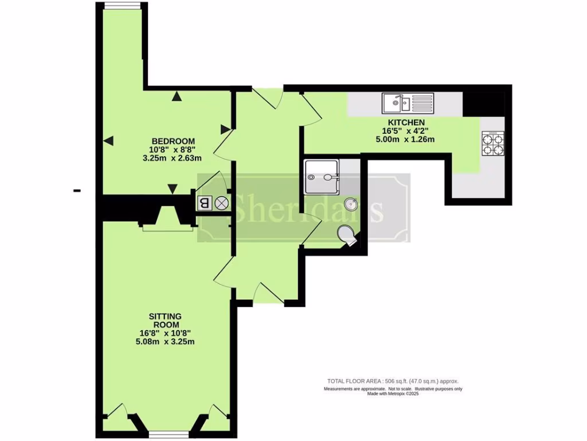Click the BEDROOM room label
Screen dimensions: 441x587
173,141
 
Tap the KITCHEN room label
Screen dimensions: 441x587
406,123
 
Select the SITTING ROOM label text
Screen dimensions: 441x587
165,320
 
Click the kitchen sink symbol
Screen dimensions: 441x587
408,103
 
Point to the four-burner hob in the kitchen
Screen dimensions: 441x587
492,144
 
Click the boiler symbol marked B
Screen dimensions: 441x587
204,203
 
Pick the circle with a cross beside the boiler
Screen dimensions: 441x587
221,203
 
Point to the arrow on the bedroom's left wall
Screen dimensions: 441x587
108,141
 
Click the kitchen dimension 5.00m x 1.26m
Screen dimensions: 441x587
406,139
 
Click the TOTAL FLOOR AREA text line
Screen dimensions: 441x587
393,381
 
